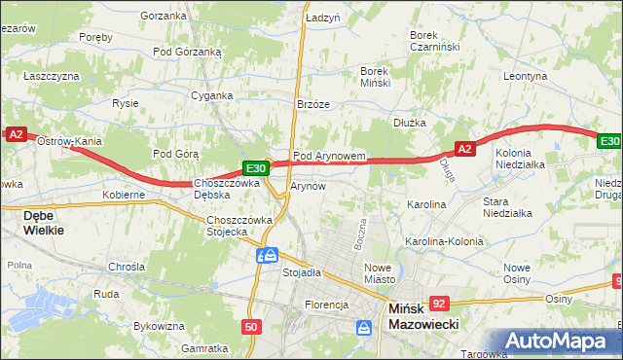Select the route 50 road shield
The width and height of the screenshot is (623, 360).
coord(251,327)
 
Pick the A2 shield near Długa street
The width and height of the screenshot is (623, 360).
coord(464,149)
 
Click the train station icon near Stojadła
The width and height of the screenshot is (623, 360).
coord(267,255)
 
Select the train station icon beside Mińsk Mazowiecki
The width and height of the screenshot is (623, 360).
coord(365,327)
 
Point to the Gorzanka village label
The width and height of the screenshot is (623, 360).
coord(163,16)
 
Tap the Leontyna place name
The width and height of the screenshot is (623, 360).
coord(527,75)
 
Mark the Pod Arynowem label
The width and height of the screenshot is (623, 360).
coord(329,156)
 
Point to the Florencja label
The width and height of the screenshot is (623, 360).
coord(326,305)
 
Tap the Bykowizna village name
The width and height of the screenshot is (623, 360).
coord(159,326)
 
